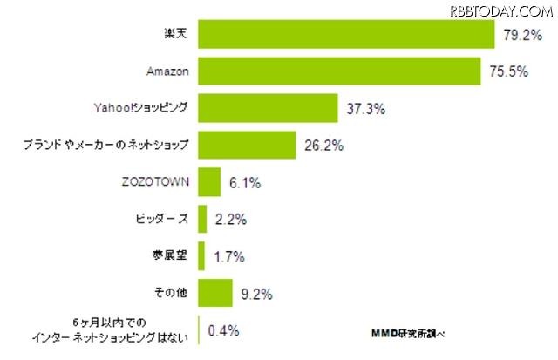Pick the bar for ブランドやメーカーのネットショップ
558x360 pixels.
(x=248, y=145)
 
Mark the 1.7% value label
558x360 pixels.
(x=226, y=257)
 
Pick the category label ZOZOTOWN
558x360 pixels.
(x=157, y=182)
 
